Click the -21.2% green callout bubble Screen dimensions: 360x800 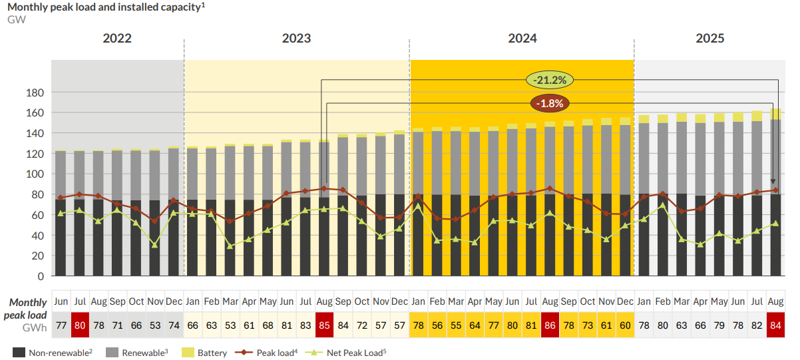(x=550, y=81)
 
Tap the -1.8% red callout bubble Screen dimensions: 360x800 (x=550, y=103)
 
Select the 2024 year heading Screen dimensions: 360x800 (x=522, y=39)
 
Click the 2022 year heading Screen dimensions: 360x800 (x=117, y=39)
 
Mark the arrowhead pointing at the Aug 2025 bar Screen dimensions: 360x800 (x=773, y=182)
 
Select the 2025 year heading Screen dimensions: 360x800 (x=710, y=39)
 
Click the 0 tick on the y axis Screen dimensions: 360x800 (x=41, y=276)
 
